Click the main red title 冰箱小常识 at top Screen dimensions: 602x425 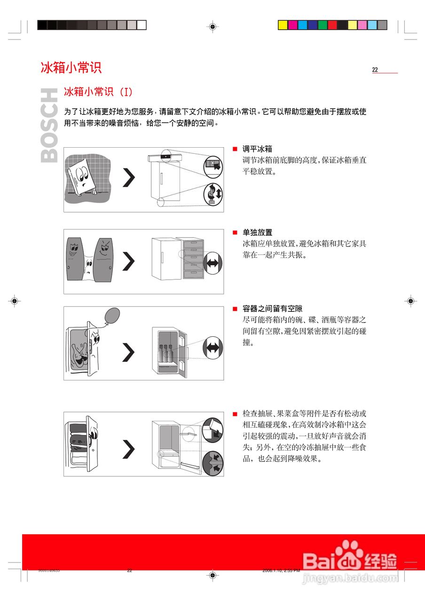(x=71, y=68)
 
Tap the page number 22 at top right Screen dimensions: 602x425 (x=375, y=70)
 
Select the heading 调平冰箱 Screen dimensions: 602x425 (x=257, y=149)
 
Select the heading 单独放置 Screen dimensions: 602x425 (x=257, y=233)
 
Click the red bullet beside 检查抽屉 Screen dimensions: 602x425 (x=235, y=414)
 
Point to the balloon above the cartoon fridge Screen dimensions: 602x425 (x=111, y=316)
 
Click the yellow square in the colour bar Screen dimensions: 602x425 (x=283, y=25)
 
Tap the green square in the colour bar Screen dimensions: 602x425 (x=323, y=25)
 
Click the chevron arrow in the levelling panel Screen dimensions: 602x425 (x=128, y=178)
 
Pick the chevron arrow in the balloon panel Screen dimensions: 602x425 (x=128, y=352)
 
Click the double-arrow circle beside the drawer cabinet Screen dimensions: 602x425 (x=214, y=261)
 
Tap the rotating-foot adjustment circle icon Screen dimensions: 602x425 (x=213, y=193)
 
